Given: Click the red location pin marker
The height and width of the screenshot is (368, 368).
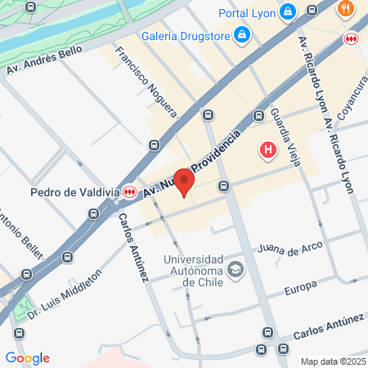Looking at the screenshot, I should (185, 182).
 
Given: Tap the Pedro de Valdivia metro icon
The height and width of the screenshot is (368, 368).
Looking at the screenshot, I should (130, 193).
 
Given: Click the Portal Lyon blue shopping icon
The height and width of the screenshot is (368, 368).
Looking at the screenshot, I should (287, 12).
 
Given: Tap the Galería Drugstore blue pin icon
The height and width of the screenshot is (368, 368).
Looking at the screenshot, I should (242, 34).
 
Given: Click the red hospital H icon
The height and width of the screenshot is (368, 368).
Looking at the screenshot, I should (267, 150).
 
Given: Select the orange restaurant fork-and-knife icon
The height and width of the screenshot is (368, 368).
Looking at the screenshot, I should (346, 10).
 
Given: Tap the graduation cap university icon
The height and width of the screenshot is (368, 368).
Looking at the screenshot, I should (236, 269).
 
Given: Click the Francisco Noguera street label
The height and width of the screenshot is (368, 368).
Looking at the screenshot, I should (146, 80).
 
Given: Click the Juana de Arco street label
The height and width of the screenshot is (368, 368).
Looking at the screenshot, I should (289, 246).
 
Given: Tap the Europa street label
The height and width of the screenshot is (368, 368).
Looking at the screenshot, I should (300, 290).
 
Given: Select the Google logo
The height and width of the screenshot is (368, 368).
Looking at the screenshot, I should (27, 358).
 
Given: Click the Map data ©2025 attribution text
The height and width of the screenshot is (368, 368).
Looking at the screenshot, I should (332, 361).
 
